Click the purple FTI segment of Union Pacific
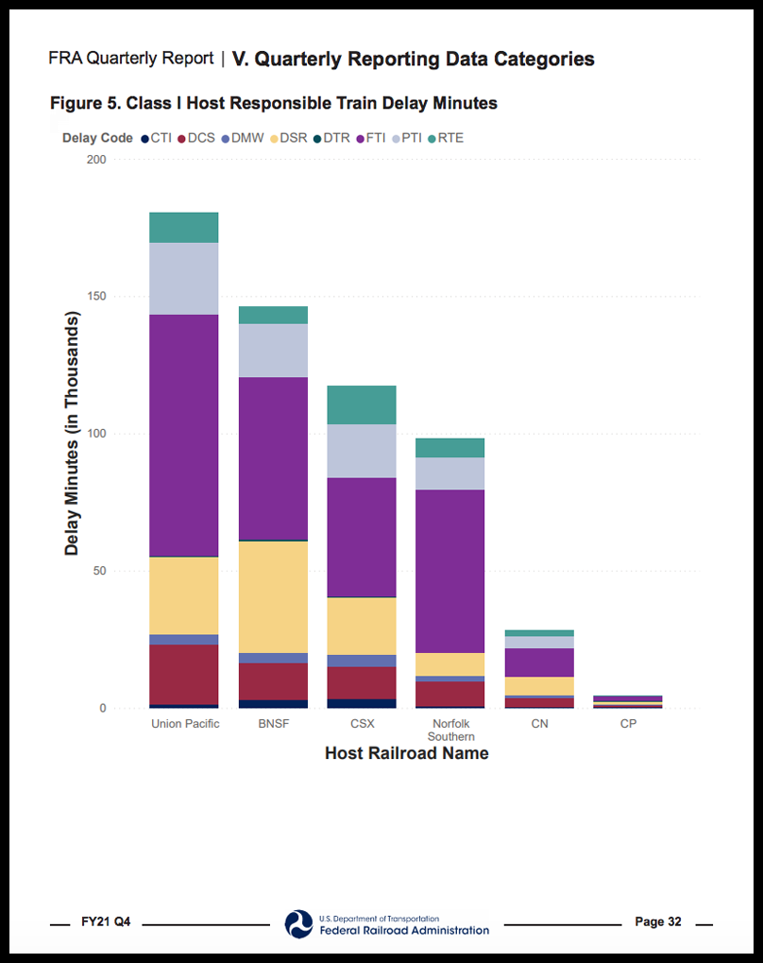[184, 435]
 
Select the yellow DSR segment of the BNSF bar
[273, 596]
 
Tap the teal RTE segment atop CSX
[361, 404]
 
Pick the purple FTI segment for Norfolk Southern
[449, 571]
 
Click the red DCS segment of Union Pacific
[184, 674]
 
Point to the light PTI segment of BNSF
[273, 351]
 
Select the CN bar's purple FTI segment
[538, 662]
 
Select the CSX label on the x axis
[361, 724]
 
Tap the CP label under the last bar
[627, 724]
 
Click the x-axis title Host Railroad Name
[406, 753]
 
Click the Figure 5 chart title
[274, 102]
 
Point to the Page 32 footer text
[657, 921]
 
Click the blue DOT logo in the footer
[298, 923]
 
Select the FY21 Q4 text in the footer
[106, 921]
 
